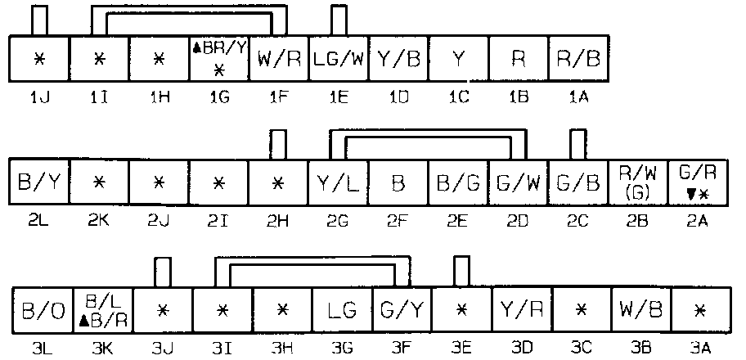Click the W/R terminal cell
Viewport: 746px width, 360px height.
coord(280,59)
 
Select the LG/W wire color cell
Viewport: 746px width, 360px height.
coord(339,59)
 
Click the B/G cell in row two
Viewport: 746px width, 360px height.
coord(459,183)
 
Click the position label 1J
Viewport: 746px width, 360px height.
coord(38,97)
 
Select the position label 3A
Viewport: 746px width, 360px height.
coord(700,348)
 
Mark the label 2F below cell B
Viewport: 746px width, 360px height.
coord(398,222)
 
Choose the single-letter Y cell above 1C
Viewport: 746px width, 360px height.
coord(458,59)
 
